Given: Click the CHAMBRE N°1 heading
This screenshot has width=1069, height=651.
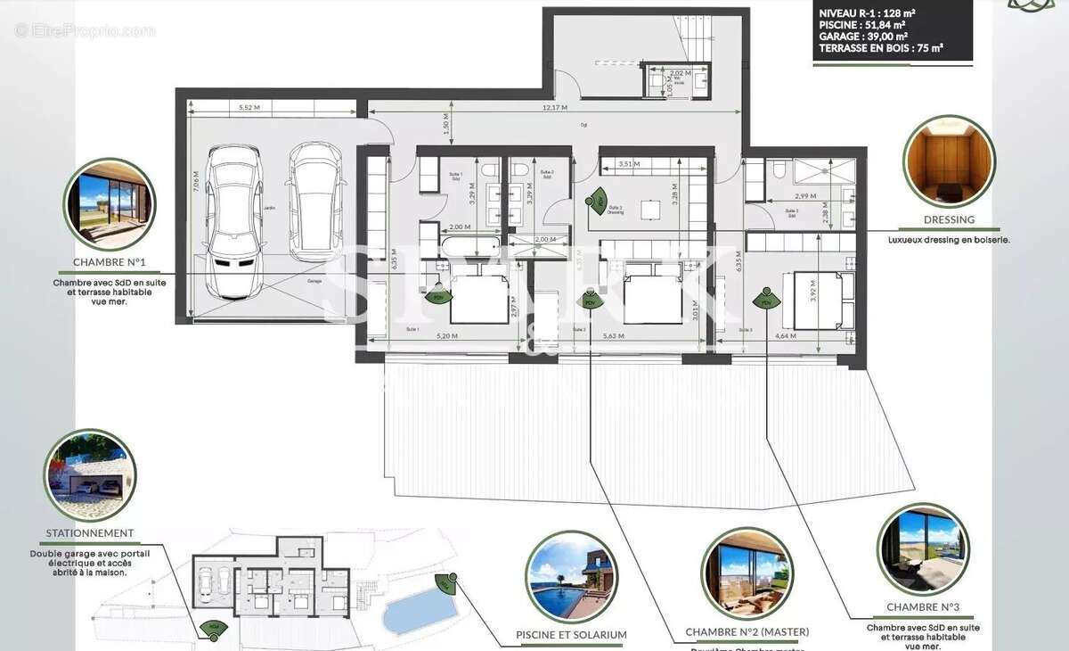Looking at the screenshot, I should pos(110,263).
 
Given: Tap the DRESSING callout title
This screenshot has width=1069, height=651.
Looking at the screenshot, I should pos(948,219).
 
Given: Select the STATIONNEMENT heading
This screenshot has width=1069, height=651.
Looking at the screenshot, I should pos(89,533).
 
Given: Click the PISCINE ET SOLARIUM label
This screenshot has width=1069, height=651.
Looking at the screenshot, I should pos(571,635).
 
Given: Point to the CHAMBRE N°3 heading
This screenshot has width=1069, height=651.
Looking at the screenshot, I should pos(923,607).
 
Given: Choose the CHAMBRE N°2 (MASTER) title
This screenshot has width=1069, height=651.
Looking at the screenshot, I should pos(747,632).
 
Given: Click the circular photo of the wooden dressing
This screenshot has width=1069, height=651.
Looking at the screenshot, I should pos(948,161).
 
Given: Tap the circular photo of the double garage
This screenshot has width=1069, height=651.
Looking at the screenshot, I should pos(89,475).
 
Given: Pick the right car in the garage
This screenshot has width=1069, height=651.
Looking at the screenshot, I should pos(317,201).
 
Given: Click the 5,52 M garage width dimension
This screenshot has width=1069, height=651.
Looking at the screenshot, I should pos(249,108).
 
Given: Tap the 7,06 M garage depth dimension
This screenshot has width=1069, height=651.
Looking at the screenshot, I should pos(195,183).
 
